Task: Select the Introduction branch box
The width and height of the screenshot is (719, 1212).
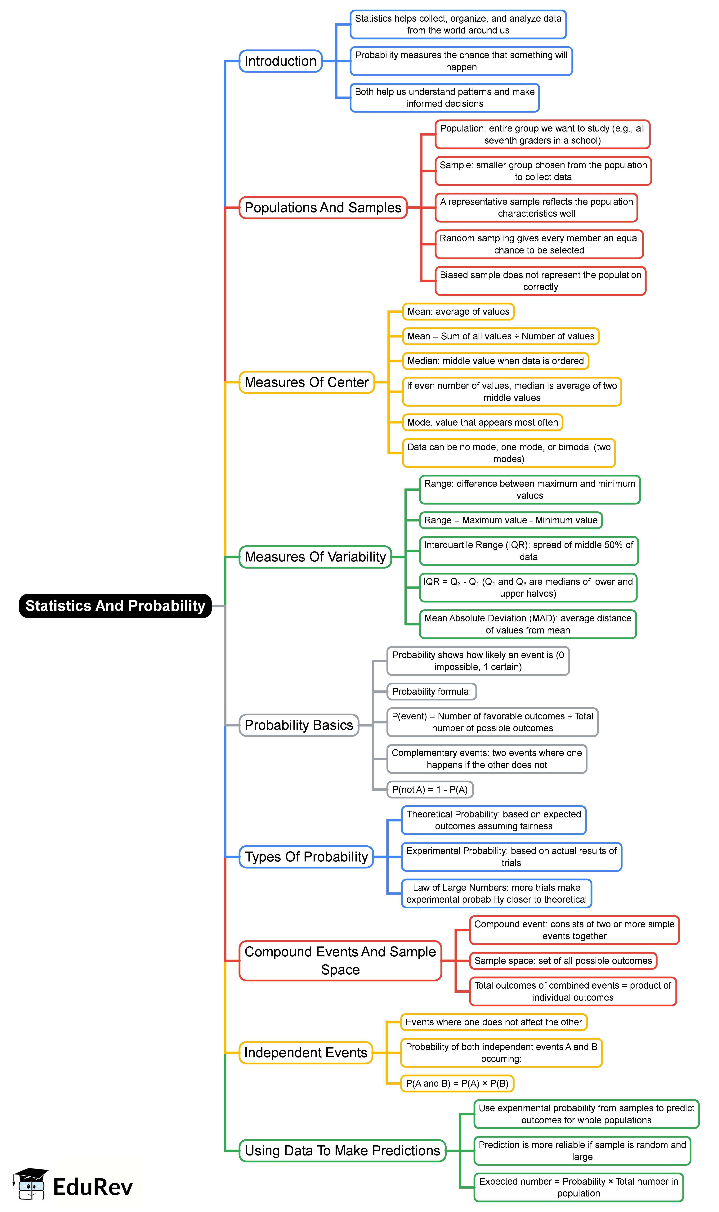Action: pos(280,61)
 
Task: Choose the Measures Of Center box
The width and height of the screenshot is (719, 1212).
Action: pos(307,382)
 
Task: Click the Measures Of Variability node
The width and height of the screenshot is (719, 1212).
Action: pos(315,557)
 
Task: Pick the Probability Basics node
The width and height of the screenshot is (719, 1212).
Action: pos(299,725)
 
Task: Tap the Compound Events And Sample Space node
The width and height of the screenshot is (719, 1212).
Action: pos(340,961)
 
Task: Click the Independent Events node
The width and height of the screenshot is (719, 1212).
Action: pos(306,1053)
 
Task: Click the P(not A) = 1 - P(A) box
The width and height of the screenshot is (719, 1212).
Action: pos(430,790)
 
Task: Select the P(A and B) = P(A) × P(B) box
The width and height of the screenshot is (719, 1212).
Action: pos(457,1083)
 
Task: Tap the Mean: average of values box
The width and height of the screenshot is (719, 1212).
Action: pos(458,311)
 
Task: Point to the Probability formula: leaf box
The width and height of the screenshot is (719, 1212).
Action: pos(431,691)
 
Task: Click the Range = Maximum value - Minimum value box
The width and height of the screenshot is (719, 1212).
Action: pos(511,520)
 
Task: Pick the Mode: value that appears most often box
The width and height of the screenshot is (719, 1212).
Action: pos(483,422)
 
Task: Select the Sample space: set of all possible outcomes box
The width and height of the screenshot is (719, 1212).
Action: pos(563,961)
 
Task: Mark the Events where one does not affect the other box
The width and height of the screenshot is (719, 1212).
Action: pos(494,1022)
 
